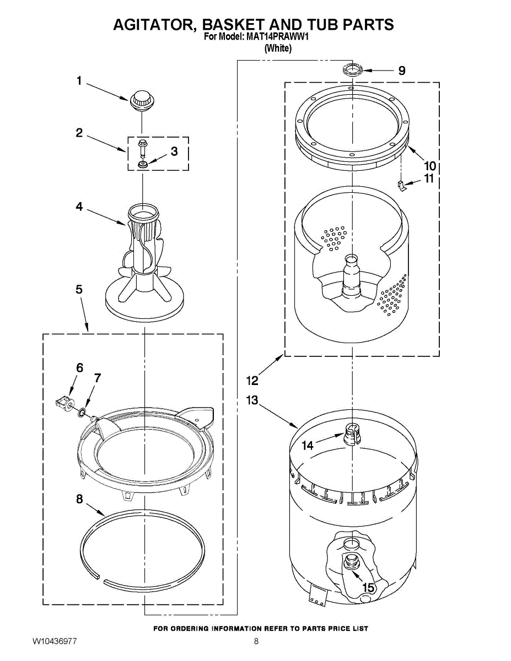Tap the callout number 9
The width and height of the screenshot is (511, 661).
[402, 71]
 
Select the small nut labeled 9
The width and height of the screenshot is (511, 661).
[352, 70]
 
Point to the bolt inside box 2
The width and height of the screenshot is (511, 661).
[143, 147]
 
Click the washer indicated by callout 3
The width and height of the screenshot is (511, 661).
[143, 164]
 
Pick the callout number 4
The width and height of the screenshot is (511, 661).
[79, 207]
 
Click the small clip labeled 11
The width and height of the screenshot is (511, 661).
[403, 186]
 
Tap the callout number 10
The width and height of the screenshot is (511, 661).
[429, 165]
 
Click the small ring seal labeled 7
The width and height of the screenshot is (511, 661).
[82, 410]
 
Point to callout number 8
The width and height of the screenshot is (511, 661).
[79, 499]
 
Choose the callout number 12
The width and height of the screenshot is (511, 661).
[252, 380]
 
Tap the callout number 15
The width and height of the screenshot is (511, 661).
[368, 588]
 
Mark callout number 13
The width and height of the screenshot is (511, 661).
[252, 400]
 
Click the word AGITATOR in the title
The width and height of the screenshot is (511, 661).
[153, 25]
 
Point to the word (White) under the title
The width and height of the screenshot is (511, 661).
[278, 48]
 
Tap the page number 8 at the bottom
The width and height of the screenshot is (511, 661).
[256, 641]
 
